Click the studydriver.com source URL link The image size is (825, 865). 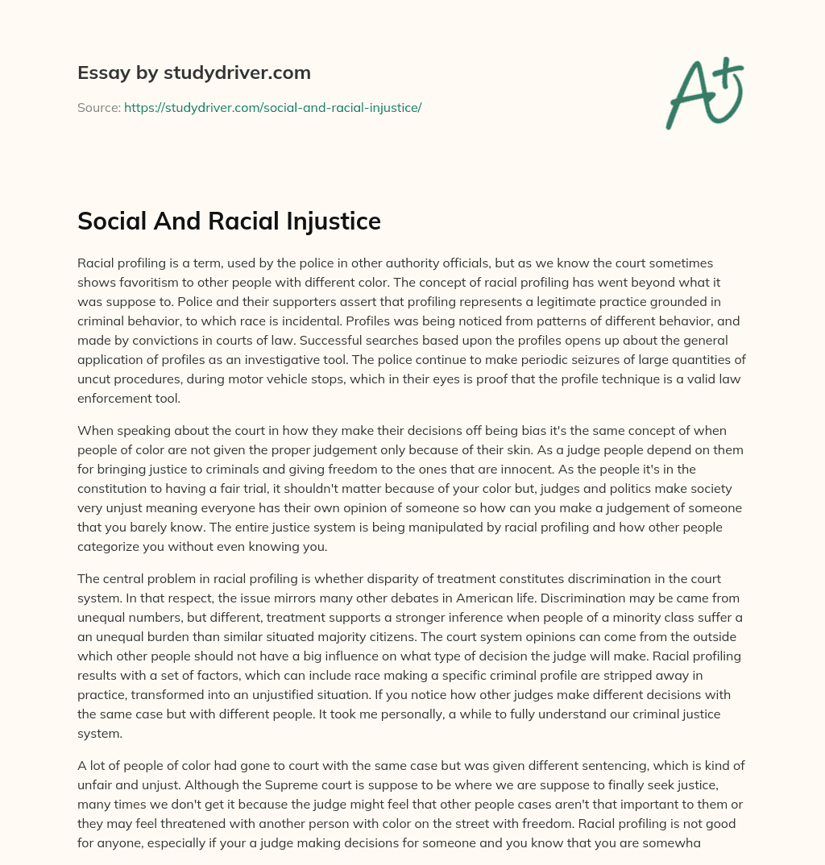[x=272, y=107]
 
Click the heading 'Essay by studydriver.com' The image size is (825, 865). [x=193, y=72]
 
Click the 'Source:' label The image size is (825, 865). [x=98, y=107]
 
